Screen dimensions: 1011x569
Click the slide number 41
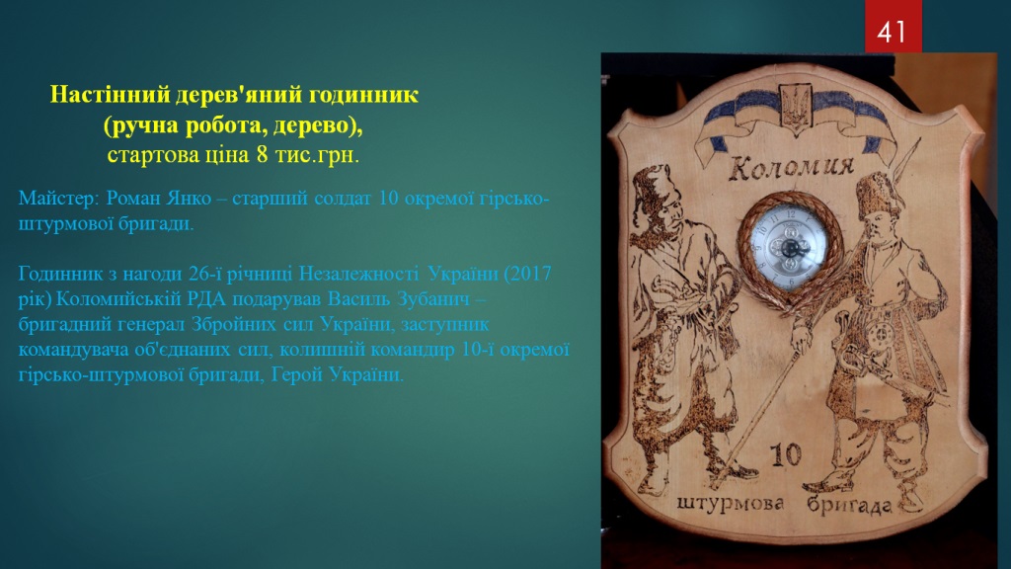893,31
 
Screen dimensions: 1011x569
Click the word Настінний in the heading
111,95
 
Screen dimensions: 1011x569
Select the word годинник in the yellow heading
363,96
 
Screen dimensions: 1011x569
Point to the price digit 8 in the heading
262,155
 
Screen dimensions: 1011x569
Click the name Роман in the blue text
136,198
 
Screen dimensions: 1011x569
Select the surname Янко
192,198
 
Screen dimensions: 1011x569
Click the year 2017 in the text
529,274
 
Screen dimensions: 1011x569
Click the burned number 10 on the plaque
786,454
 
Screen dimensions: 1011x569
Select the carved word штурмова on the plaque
731,503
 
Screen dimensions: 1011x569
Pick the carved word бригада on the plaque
850,504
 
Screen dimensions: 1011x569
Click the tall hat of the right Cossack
877,193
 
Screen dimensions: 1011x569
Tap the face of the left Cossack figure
667,213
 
